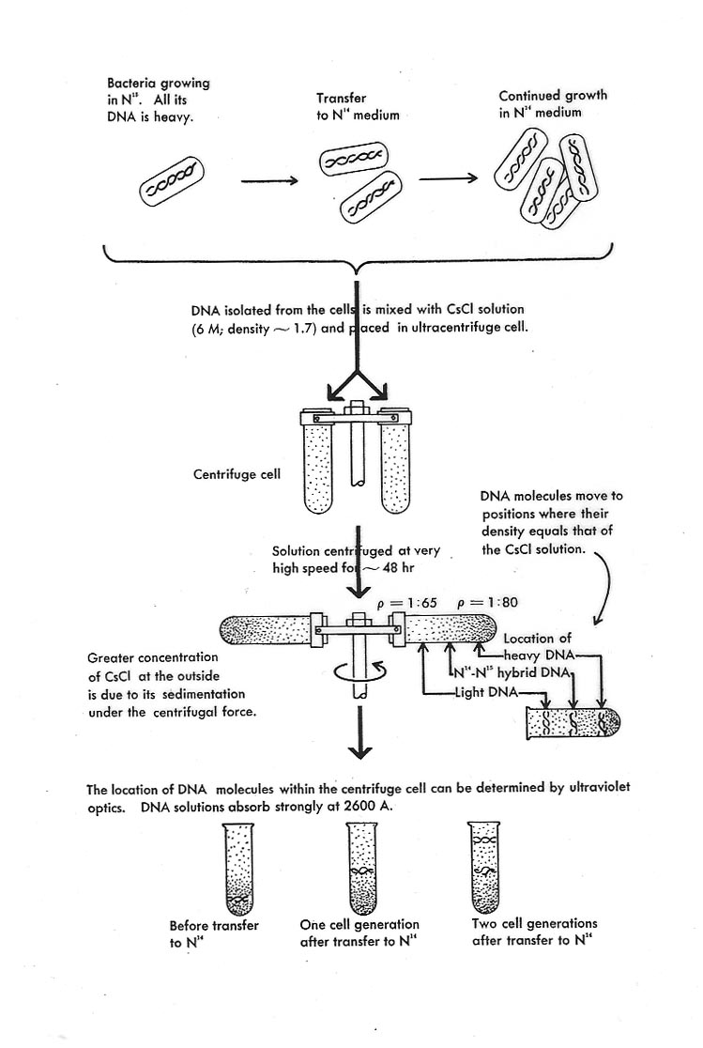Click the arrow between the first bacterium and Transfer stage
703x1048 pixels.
click(x=268, y=180)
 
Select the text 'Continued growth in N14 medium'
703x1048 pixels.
click(x=552, y=103)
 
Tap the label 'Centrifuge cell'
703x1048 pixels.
click(x=236, y=474)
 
